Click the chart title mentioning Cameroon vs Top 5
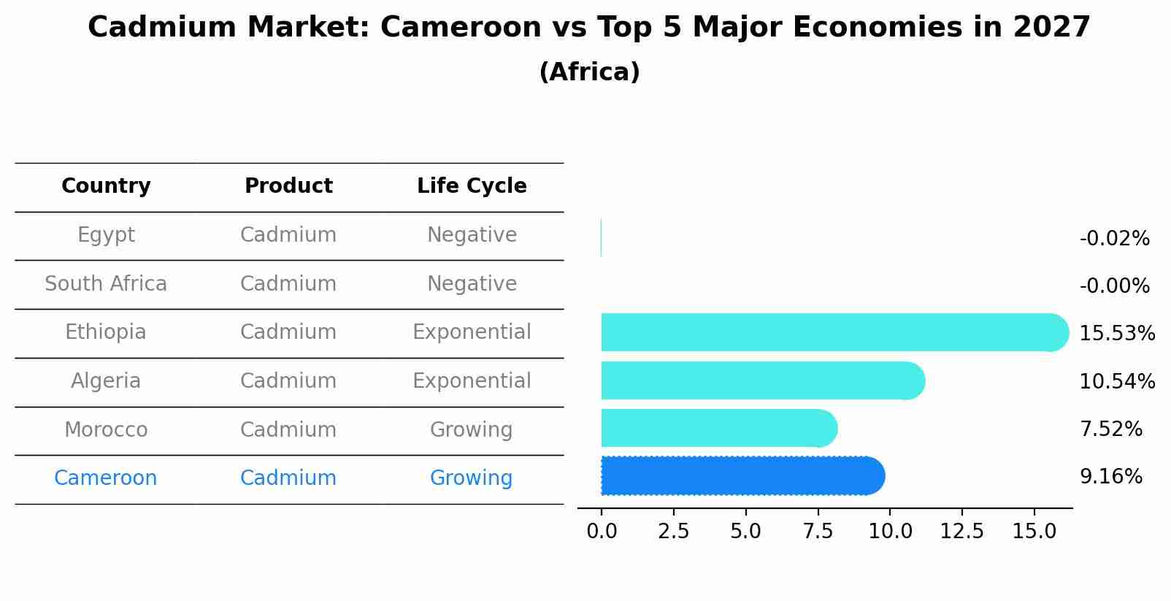588,28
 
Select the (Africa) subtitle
589,72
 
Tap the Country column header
106,186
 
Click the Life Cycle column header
472,186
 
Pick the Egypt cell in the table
106,235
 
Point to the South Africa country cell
106,284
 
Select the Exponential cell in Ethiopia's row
472,332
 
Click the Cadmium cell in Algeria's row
288,381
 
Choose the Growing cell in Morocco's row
472,430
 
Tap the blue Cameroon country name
106,478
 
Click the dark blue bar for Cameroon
741,476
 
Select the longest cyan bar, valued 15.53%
832,332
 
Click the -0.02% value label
1114,239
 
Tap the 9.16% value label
1110,477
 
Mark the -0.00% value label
1114,286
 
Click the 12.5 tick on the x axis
961,532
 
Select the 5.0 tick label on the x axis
745,532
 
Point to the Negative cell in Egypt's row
472,235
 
